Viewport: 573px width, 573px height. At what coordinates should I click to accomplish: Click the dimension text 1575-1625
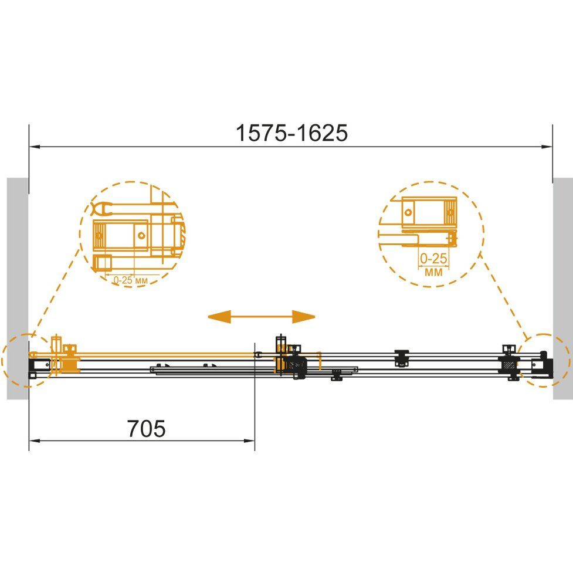(x=291, y=133)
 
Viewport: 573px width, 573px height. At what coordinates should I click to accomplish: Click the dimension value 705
(x=146, y=428)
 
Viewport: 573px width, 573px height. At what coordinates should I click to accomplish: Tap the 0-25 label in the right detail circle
(x=433, y=259)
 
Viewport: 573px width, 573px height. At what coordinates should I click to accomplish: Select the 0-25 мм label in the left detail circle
(x=130, y=280)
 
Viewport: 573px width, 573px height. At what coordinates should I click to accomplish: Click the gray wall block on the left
(x=18, y=289)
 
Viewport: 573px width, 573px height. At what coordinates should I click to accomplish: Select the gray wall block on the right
(x=563, y=289)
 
